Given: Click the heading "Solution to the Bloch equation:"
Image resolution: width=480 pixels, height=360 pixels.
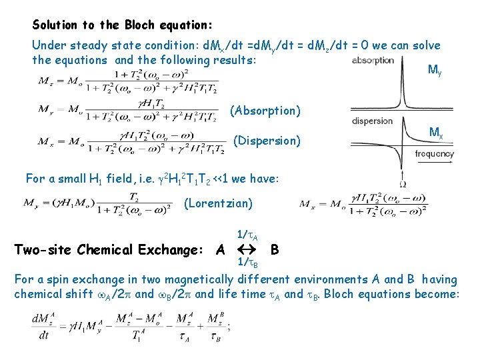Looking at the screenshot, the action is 123,25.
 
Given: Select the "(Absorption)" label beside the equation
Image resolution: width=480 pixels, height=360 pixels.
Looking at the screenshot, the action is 265,111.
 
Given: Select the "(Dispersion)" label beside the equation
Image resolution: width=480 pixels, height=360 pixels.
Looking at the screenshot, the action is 267,141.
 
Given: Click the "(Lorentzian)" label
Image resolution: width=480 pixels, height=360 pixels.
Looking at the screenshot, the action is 217,203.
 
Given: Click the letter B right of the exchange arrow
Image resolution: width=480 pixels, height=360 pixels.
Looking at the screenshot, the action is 275,250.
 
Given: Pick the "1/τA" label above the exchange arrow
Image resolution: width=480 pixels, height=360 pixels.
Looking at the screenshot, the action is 247,235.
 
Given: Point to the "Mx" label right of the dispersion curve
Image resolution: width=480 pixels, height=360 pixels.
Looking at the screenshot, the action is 436,133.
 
